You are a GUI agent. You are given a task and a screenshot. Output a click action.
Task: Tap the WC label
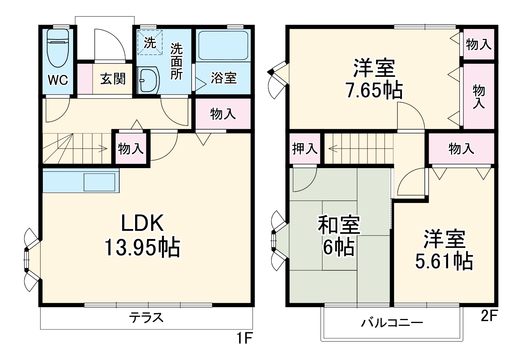pos(58,80)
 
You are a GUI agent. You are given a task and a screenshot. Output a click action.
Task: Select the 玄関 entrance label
pos(113,79)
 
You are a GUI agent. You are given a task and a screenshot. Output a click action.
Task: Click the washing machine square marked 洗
pos(150,42)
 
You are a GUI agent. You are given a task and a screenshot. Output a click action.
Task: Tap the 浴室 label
pos(223,78)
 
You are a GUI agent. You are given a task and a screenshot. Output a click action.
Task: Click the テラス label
pos(147,318)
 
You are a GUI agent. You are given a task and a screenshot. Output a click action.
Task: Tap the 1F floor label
pos(243,339)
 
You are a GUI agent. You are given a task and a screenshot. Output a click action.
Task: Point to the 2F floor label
pos(489,317)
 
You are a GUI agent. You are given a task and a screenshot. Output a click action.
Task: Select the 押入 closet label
pos(304,148)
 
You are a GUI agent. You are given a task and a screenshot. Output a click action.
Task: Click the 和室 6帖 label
pos(338,236)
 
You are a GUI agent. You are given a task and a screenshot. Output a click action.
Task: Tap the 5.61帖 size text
pos(444,262)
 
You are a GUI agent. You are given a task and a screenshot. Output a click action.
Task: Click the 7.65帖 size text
pos(374,91)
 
